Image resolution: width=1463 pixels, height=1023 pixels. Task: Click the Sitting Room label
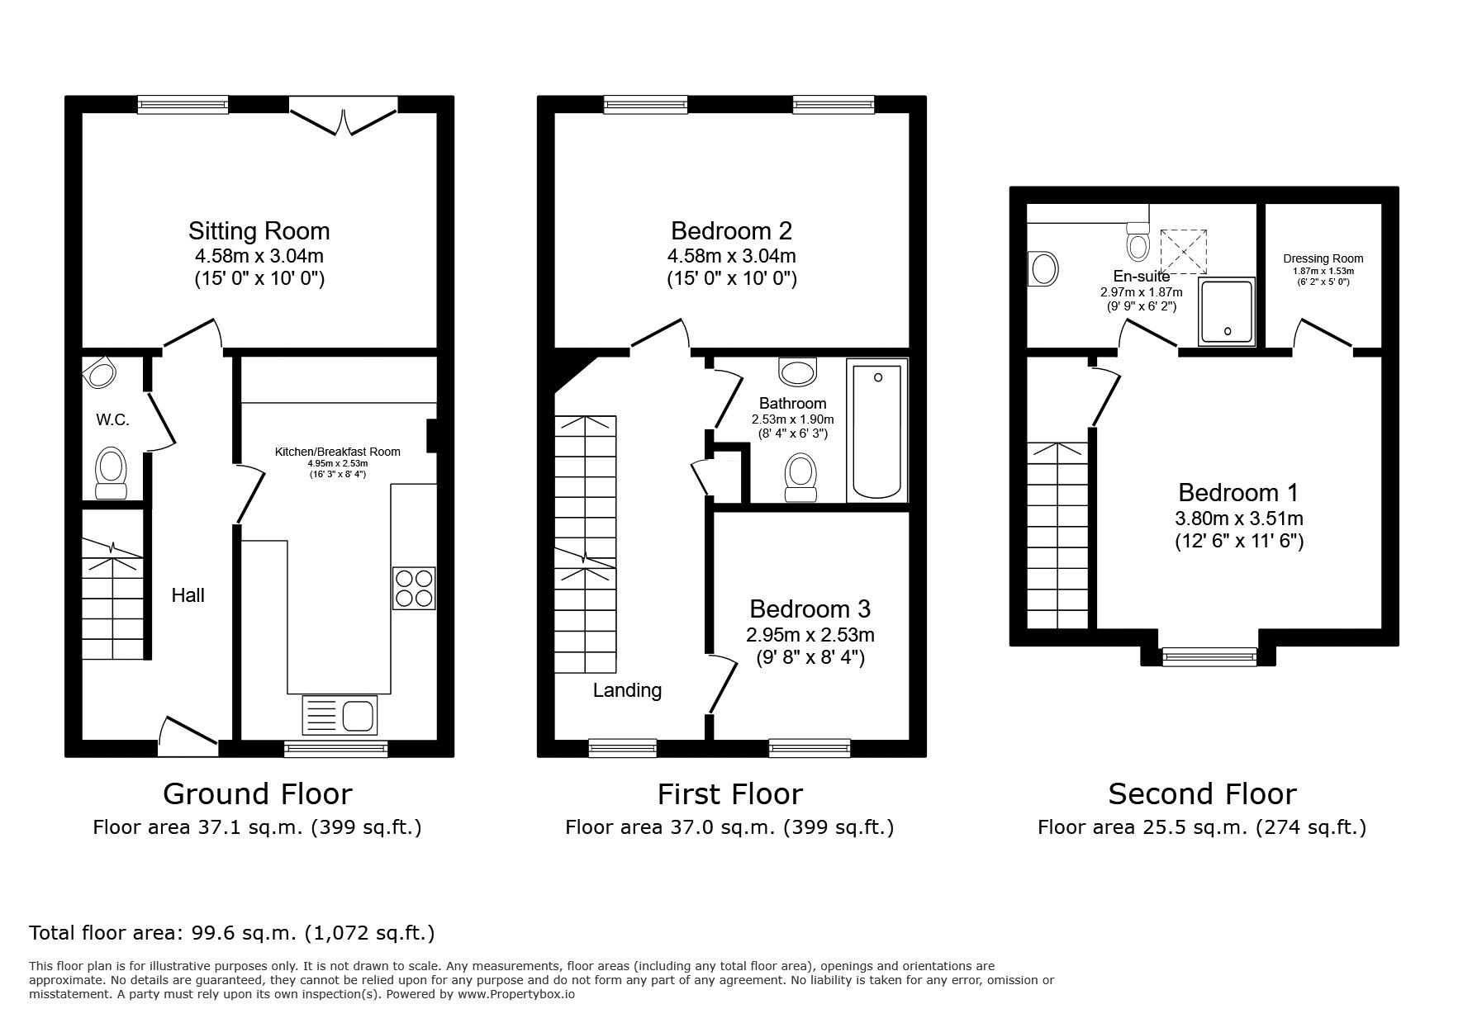click(259, 231)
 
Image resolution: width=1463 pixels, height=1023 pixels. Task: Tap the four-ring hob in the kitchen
click(414, 588)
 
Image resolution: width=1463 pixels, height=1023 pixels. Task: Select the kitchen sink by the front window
click(340, 715)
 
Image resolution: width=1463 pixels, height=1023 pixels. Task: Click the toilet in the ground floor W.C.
click(112, 473)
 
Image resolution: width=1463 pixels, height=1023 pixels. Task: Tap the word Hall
click(188, 595)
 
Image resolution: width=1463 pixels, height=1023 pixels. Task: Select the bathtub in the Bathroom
click(877, 429)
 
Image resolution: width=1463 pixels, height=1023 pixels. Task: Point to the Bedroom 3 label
click(810, 609)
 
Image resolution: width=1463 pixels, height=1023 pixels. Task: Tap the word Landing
click(627, 690)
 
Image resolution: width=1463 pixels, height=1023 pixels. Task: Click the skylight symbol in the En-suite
click(1184, 251)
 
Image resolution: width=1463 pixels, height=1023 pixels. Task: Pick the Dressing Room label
click(1323, 258)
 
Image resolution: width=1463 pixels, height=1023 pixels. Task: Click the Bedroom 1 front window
click(1209, 656)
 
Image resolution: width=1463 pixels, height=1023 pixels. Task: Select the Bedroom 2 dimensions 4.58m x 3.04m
click(731, 256)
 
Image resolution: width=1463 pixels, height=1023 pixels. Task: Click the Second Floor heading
click(1202, 794)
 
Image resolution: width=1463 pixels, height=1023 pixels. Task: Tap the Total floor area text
click(231, 933)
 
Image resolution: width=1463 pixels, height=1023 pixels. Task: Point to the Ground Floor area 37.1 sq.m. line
click(257, 827)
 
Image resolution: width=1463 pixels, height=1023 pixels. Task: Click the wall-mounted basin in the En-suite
click(1043, 269)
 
